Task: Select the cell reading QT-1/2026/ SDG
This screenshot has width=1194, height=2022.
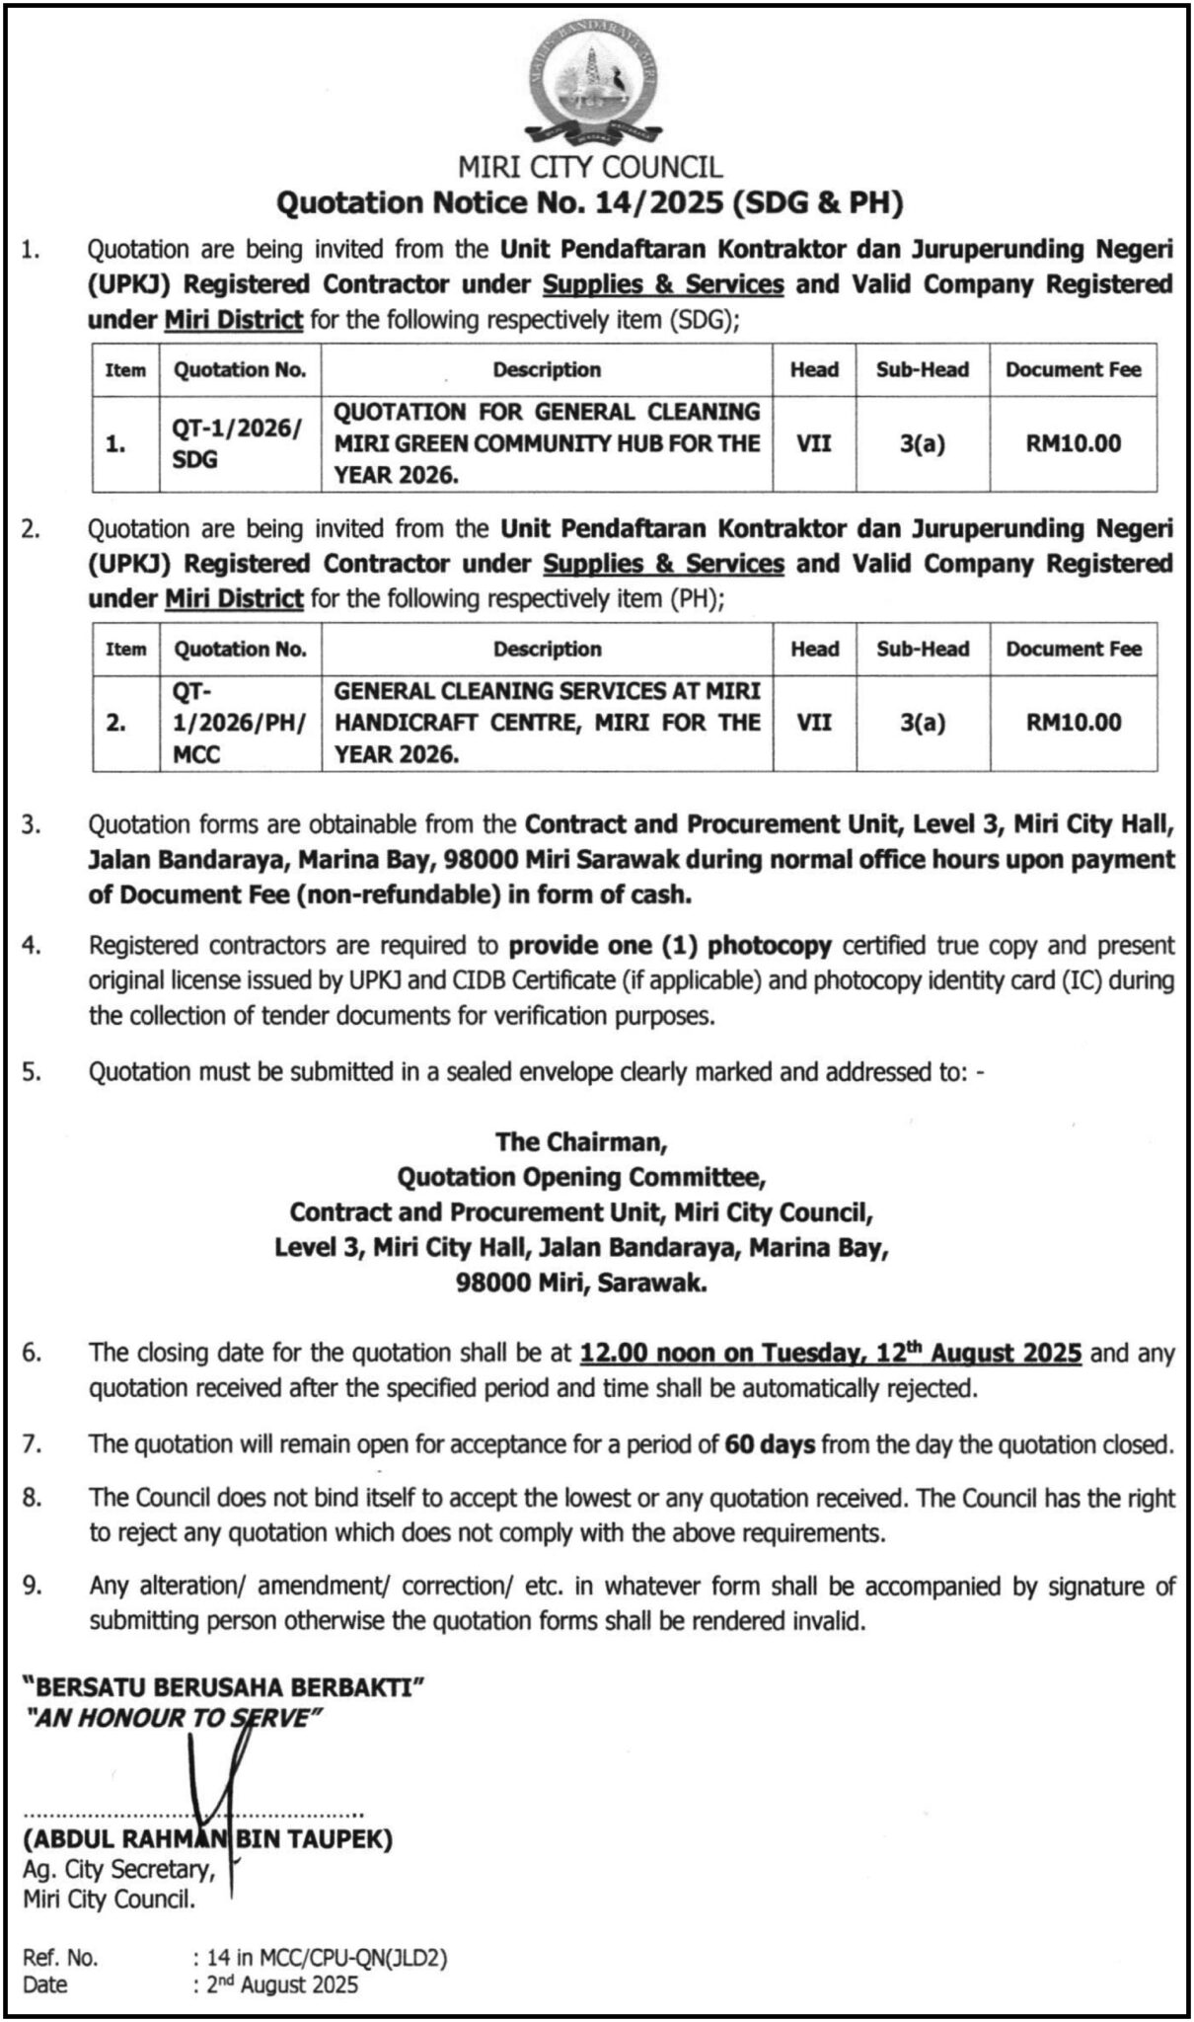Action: (x=240, y=443)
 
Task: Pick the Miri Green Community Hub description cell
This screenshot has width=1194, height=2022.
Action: (x=547, y=443)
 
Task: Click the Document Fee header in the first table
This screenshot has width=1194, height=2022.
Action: (x=1073, y=370)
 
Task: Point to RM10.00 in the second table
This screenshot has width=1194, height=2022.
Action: (x=1074, y=723)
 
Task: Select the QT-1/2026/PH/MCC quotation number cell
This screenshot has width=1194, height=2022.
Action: (x=240, y=723)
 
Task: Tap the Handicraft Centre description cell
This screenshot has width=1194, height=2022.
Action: (x=547, y=723)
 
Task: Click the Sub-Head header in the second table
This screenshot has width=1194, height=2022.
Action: (x=923, y=650)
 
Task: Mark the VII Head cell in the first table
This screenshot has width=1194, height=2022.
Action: (x=814, y=443)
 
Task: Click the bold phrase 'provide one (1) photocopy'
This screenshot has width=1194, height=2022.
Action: (x=671, y=946)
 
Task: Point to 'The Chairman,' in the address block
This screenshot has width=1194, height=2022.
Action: (x=582, y=1141)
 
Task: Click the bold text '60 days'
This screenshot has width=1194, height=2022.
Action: (x=770, y=1444)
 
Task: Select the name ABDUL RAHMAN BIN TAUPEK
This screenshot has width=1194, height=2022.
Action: (x=209, y=1839)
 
